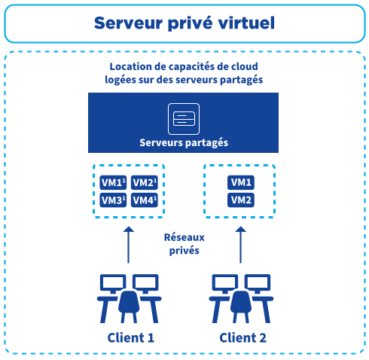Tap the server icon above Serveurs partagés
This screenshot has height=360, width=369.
184,118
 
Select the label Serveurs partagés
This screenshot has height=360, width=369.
184,142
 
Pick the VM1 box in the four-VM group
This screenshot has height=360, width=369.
113,183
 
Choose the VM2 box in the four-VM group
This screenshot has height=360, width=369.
144,183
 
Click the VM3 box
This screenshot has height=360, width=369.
113,200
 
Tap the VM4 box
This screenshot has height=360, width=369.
144,200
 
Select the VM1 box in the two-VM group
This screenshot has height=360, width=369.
241,183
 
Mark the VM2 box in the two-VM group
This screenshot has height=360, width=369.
241,200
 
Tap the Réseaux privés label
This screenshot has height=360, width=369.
184,243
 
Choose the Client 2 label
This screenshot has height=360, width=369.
242,337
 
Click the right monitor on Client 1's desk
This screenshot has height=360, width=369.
145,283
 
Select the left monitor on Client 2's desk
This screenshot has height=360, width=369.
225,283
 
